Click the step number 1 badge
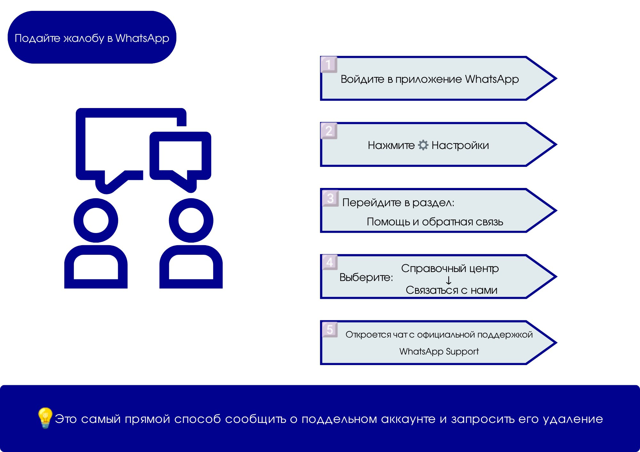coord(329,65)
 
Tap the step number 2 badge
coord(329,131)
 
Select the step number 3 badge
coord(330,198)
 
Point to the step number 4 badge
coord(330,262)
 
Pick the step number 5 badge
coord(330,329)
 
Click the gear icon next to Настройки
coord(423,145)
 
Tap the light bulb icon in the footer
coord(45,417)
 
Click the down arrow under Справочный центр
coord(449,280)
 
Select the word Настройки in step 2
coord(460,145)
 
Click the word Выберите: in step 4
coord(366,277)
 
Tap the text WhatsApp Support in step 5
coord(439,351)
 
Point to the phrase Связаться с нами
coord(452,290)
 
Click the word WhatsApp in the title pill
coord(142,38)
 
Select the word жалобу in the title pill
coord(84,38)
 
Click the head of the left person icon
coord(96,220)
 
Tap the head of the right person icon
coord(191,220)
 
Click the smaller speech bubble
coord(180,156)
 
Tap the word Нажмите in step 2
coord(391,145)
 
